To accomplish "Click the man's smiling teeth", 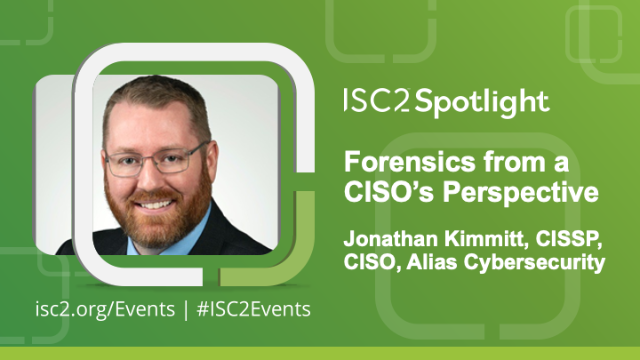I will (x=158, y=201).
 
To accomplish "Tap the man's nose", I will (x=156, y=176).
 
